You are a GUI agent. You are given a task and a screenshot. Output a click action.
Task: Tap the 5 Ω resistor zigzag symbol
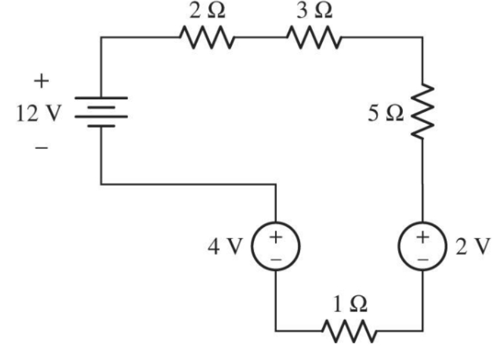click(x=422, y=110)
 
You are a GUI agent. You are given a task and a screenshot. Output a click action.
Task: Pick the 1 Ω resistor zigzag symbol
click(x=348, y=329)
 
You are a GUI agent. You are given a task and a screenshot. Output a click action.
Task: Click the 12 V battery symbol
click(x=101, y=112)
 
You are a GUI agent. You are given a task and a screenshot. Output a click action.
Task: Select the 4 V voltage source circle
click(x=275, y=245)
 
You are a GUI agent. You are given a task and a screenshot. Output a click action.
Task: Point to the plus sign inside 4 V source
click(x=275, y=236)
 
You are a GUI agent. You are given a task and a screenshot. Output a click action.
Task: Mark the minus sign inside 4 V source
click(x=275, y=257)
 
